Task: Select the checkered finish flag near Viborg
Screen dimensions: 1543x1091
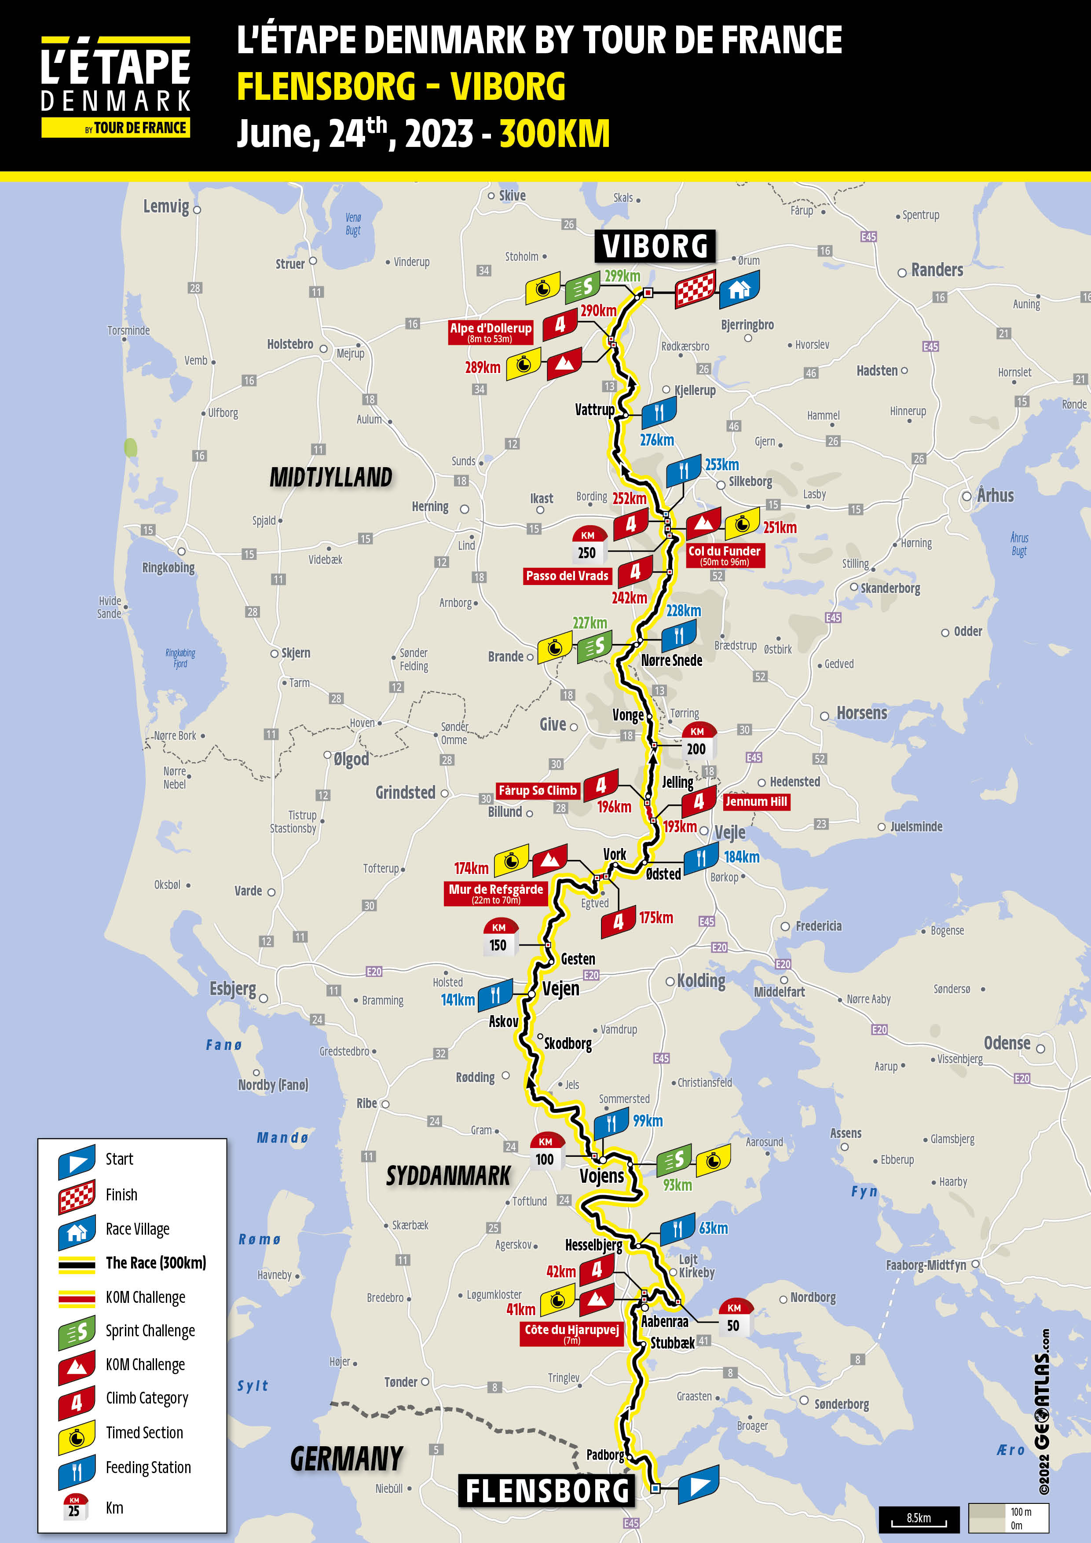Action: (695, 289)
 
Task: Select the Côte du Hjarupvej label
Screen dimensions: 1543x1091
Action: (571, 1333)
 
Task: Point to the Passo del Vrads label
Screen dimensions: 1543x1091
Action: (567, 575)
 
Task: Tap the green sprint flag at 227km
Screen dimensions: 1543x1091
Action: (595, 646)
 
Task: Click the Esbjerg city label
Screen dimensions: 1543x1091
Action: (233, 989)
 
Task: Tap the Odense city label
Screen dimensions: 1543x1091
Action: (1007, 1043)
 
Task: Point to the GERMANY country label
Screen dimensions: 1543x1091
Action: (346, 1458)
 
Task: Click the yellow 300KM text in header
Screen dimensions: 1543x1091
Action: (555, 133)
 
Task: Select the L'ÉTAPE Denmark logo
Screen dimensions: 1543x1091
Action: (116, 88)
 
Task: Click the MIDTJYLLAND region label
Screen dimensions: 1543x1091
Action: (331, 477)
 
